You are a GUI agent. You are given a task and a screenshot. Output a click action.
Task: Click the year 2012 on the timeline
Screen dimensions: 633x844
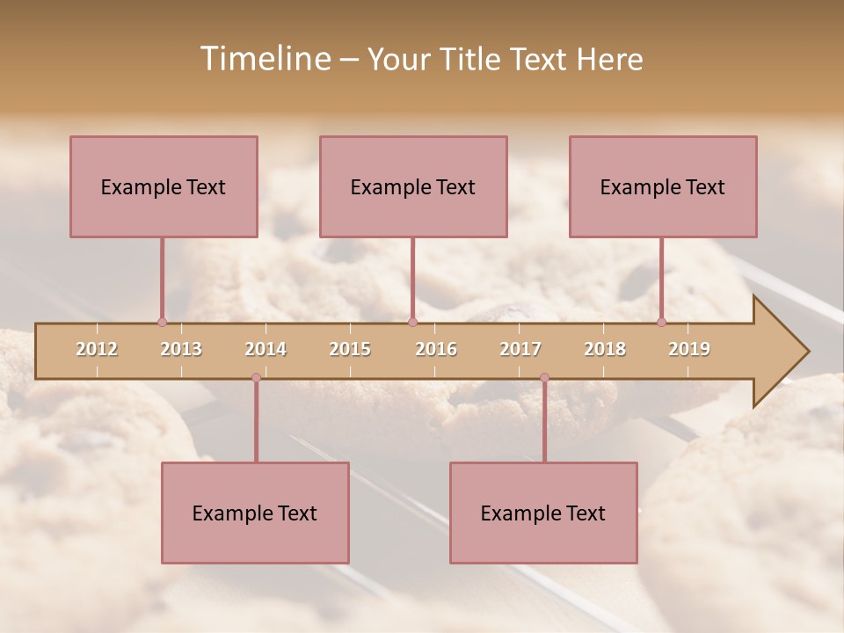coord(97,349)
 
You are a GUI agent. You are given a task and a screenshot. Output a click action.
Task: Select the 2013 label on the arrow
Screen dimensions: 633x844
coord(181,349)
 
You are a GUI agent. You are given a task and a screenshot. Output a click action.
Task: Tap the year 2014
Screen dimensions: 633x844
coord(266,349)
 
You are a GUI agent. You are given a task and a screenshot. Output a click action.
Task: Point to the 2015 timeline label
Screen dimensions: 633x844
coord(350,349)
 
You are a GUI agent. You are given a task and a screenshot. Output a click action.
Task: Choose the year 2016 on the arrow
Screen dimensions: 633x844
coord(436,349)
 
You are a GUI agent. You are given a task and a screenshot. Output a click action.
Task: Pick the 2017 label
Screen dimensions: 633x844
coord(520,349)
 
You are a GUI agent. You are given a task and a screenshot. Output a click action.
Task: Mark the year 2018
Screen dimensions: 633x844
coord(605,349)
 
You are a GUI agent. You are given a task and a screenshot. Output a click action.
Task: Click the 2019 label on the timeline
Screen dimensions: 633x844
coord(689,349)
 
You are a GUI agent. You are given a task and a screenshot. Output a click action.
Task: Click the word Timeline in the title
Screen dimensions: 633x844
coord(264,59)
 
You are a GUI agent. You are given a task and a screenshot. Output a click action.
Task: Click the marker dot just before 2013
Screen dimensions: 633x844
coord(162,322)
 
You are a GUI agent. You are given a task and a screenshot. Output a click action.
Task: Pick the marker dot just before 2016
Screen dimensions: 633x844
coord(412,322)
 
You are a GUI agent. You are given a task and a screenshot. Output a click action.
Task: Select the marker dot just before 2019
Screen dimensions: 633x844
coord(662,322)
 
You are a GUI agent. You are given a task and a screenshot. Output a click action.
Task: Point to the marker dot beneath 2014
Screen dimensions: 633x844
coord(256,377)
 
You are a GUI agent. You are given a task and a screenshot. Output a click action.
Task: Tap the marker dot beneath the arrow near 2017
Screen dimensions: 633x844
coord(544,377)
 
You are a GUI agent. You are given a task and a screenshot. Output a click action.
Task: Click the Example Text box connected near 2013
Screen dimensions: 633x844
coord(164,186)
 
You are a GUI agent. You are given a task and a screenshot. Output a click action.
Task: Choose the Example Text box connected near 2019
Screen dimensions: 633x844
coord(663,186)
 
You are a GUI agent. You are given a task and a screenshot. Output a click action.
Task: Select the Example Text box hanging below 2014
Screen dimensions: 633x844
coord(255,513)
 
